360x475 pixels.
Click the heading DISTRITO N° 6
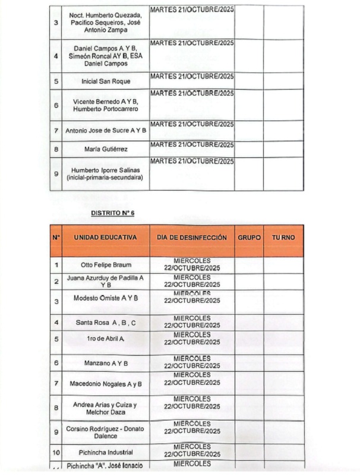[113, 211]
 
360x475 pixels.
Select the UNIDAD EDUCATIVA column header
[105, 237]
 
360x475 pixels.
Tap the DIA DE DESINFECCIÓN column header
[192, 237]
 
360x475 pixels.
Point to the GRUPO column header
[249, 237]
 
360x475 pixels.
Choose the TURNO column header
[283, 237]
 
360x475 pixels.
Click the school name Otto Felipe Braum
[106, 265]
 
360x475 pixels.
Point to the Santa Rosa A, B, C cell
[106, 322]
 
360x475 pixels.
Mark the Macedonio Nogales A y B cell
[106, 384]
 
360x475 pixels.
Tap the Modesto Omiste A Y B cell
[106, 297]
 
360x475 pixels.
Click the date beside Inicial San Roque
[192, 76]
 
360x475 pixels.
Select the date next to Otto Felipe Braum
[192, 264]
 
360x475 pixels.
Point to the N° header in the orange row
[56, 237]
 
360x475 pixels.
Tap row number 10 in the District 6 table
[56, 452]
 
